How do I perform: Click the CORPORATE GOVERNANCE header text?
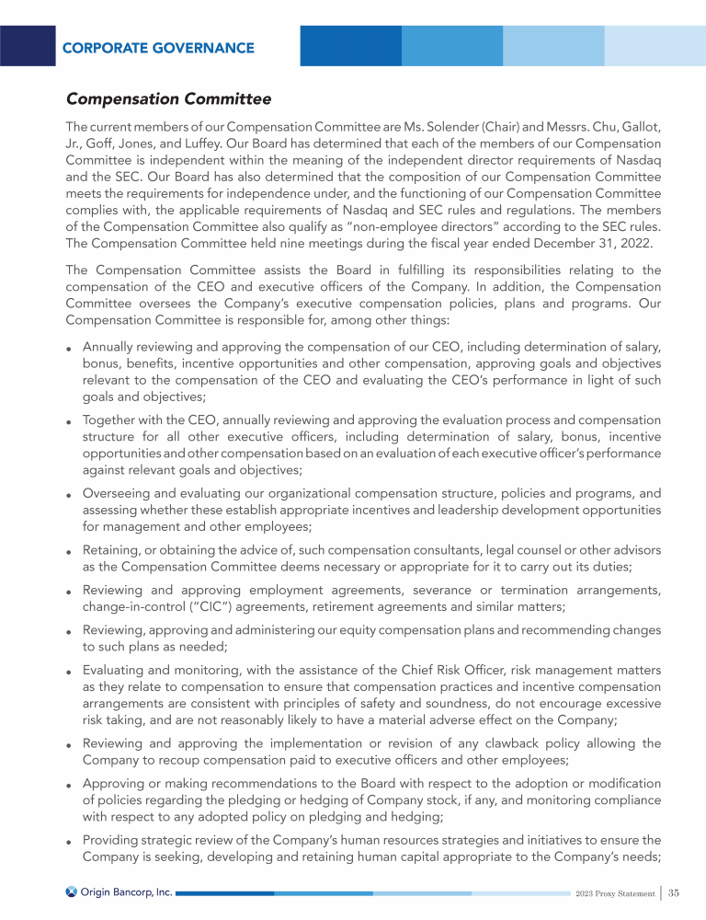(159, 48)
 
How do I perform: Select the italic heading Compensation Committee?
(168, 98)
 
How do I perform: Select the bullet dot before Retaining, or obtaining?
(69, 552)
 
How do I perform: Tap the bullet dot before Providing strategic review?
(69, 843)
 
